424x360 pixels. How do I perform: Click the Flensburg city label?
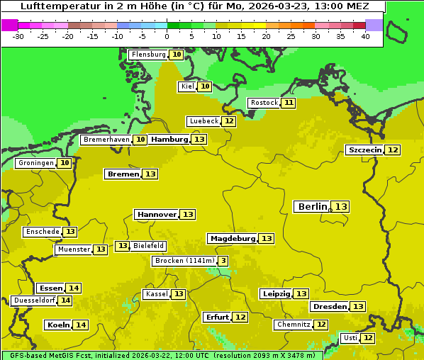point(148,55)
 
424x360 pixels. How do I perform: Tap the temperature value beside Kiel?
point(204,86)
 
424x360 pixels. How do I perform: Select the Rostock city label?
point(264,103)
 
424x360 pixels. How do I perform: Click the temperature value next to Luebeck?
point(228,121)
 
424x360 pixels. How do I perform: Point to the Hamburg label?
point(169,140)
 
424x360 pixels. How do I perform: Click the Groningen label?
point(36,163)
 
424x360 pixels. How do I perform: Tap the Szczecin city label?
point(364,150)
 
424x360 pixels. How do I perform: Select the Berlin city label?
point(313,207)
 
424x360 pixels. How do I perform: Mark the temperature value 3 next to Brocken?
point(223,261)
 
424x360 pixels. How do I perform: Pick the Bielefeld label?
point(148,246)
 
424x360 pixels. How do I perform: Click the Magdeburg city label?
point(232,239)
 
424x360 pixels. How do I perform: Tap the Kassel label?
point(156,294)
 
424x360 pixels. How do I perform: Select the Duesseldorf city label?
point(34,300)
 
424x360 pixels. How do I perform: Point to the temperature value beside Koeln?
point(81,325)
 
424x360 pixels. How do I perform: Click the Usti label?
point(350,338)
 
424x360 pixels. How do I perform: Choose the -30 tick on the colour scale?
point(18,36)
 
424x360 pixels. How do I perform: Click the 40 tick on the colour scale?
point(365,36)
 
